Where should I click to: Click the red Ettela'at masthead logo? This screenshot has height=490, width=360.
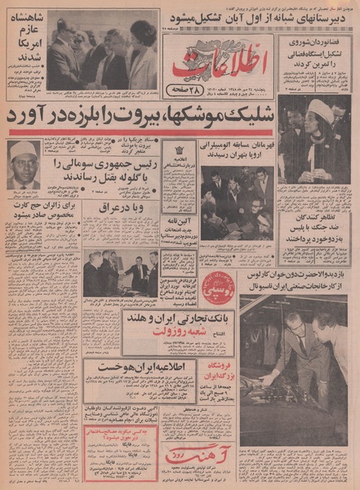click(219, 65)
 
